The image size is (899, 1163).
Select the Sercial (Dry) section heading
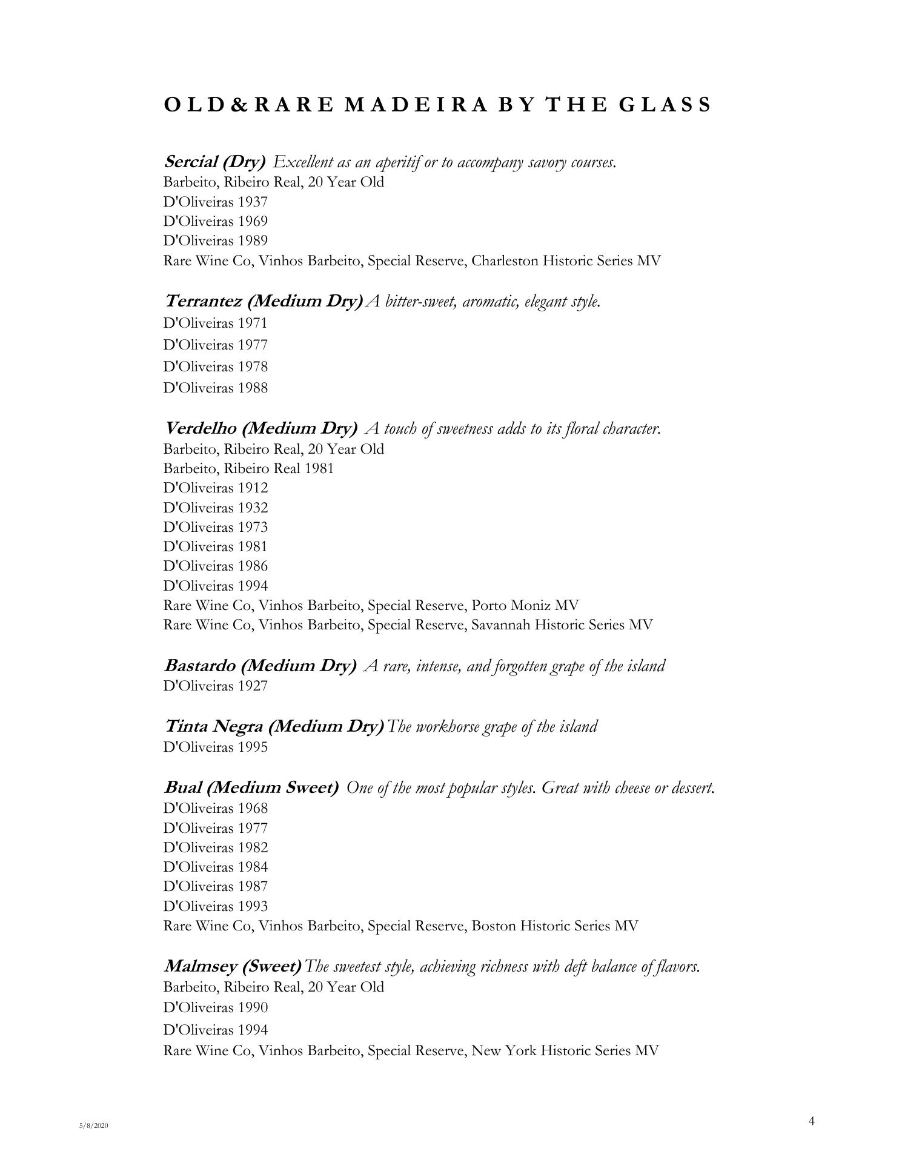point(214,162)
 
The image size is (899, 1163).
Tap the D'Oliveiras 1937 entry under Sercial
point(215,202)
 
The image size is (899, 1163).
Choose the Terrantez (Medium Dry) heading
point(264,300)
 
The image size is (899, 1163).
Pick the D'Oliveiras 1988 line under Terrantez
point(215,388)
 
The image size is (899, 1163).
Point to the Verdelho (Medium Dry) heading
point(260,428)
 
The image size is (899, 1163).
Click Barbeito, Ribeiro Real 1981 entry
point(248,468)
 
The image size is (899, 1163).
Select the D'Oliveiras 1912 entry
point(215,488)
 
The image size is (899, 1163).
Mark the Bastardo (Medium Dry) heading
point(260,666)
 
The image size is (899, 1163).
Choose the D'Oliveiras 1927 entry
point(215,686)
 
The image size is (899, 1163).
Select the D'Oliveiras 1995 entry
point(215,747)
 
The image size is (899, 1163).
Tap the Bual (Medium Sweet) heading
point(251,787)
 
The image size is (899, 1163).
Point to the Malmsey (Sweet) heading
point(233,966)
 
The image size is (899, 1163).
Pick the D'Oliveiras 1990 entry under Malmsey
point(215,1007)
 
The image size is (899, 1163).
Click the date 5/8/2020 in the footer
point(93,1125)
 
